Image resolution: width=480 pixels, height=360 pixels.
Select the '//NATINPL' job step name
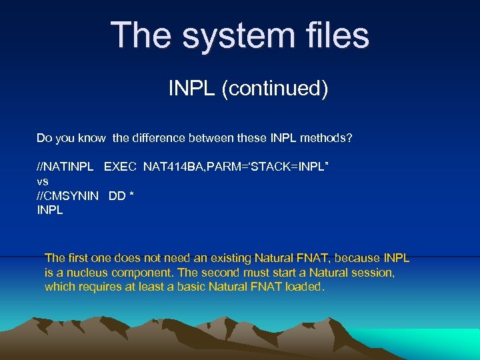click(64, 165)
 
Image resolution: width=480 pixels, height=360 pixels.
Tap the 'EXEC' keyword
click(120, 165)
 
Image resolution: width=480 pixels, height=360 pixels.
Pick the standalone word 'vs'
click(42, 181)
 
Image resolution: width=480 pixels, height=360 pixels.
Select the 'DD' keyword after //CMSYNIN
click(116, 195)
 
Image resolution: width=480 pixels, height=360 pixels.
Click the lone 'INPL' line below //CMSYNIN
click(50, 210)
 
